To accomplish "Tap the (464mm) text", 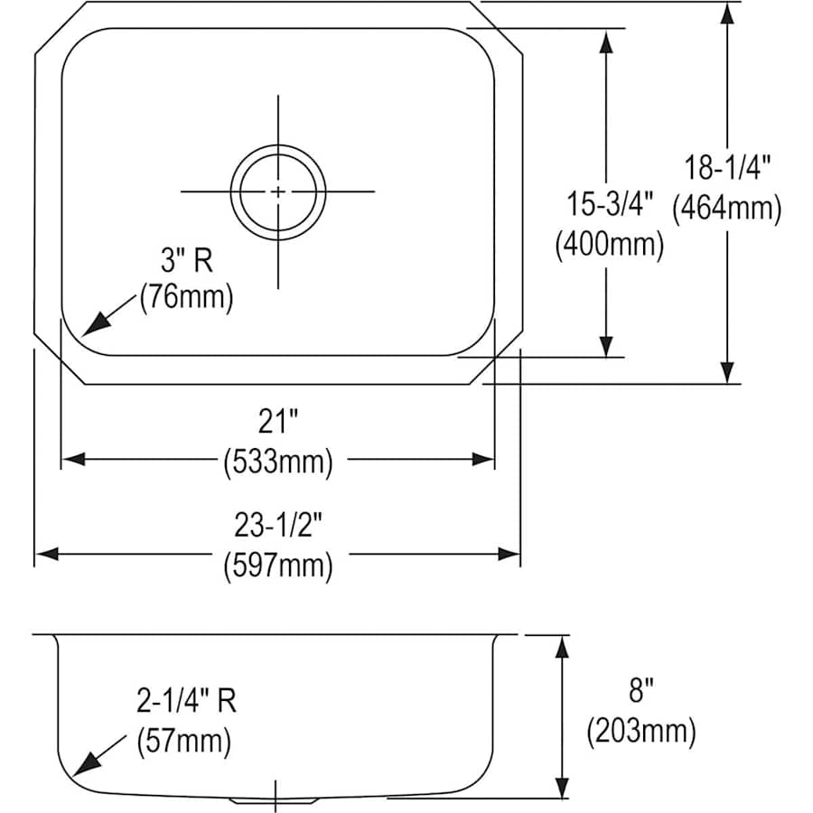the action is coord(727,209).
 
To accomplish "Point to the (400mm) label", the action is coord(609,244).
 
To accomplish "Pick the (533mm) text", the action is coord(278,461).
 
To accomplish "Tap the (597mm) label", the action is coord(278,565).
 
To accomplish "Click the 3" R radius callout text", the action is coord(187,260).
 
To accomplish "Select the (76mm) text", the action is coord(187,297).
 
